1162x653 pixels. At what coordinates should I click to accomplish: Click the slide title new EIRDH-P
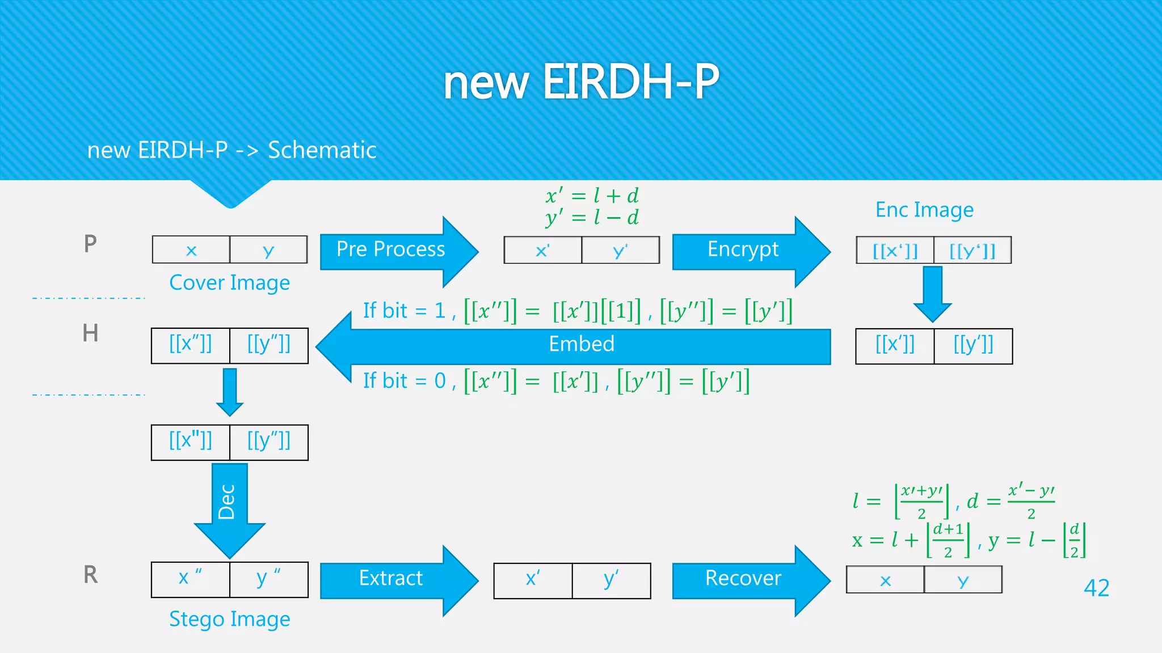[580, 82]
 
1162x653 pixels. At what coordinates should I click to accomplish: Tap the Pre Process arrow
[391, 250]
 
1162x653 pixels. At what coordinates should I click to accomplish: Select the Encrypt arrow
[743, 250]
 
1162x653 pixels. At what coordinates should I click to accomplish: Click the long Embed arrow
[581, 345]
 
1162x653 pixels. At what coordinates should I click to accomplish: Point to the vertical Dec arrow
[229, 504]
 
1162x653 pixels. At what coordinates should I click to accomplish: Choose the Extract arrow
[391, 579]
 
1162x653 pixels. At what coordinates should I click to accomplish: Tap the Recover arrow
[743, 579]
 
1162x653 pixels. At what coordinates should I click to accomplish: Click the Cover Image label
[229, 283]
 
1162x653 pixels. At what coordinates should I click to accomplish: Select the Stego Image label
[229, 619]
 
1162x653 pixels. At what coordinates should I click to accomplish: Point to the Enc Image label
[924, 210]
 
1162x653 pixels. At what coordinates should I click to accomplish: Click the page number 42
[1096, 588]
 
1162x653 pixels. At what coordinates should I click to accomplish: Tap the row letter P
[90, 244]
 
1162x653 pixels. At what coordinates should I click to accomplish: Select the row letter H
[90, 333]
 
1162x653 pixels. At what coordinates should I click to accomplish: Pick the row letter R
[90, 575]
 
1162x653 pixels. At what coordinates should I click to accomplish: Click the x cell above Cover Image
[191, 251]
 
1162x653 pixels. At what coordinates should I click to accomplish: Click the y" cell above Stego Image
[268, 579]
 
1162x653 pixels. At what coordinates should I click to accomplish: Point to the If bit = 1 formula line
[577, 311]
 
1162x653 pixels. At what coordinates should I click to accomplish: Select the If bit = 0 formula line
[556, 381]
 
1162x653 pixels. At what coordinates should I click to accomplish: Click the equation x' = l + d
[592, 196]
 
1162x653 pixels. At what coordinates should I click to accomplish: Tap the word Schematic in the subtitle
[322, 150]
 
